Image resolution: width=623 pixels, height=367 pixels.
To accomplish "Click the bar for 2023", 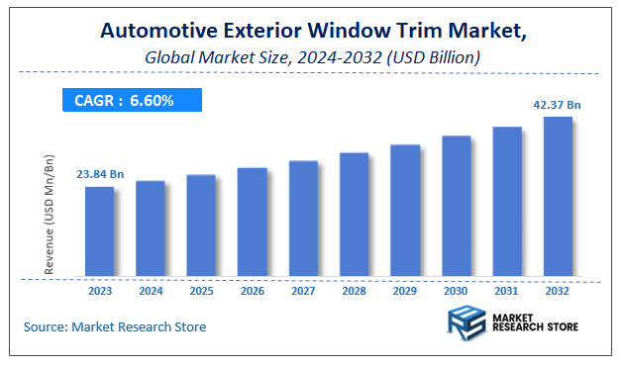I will coord(99,230).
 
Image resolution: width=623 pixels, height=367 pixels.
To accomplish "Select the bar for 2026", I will coord(252,221).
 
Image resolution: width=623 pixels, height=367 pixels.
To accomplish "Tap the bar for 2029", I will coord(405,210).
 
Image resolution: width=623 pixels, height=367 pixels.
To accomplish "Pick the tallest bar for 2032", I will coord(558,196).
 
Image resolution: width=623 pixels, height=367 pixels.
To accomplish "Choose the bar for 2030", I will coord(456,205).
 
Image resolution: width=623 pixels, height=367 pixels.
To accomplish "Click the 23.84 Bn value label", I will coord(100,174).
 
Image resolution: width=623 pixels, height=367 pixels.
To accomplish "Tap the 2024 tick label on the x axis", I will coord(151,291).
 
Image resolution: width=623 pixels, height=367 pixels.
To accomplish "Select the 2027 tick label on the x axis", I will coord(303,291).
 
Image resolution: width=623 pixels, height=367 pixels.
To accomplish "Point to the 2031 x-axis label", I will coord(507,291).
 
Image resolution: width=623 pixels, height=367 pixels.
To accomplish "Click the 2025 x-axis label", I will coord(201,291).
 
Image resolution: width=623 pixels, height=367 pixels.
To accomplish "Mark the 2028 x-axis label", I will coord(354,291).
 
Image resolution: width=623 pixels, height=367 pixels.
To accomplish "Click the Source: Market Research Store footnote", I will coord(115,326).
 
